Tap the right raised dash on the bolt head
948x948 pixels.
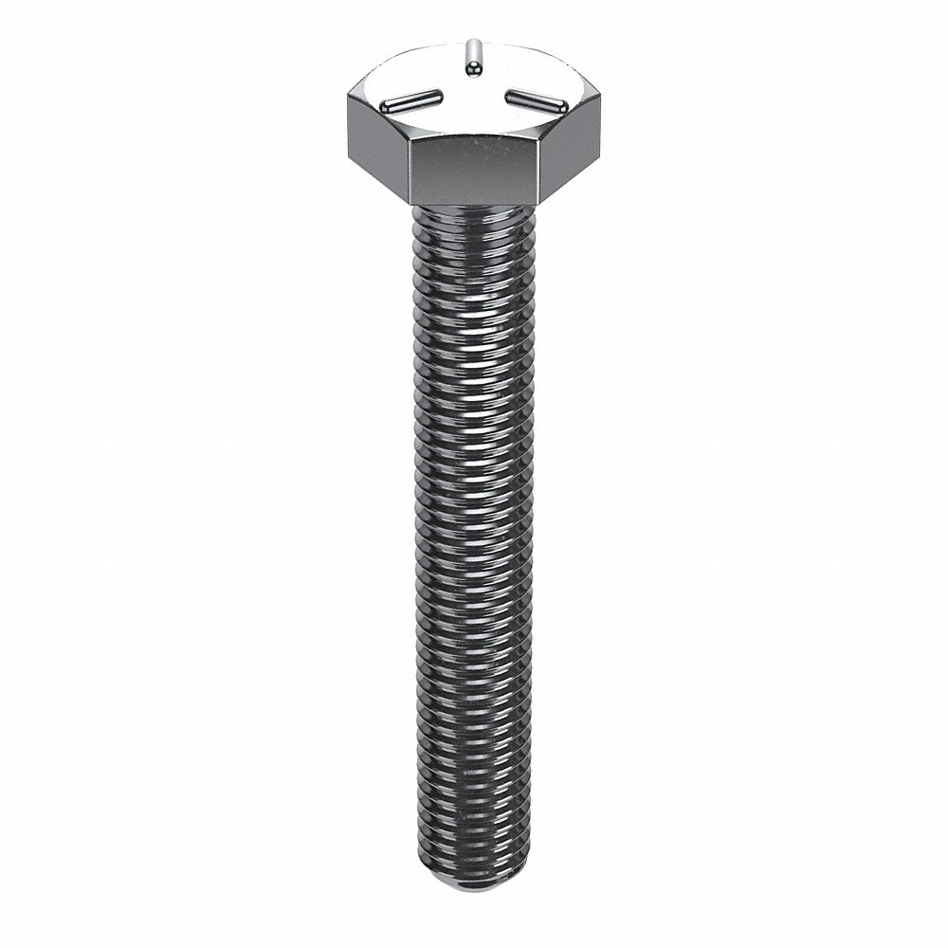click(x=535, y=97)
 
